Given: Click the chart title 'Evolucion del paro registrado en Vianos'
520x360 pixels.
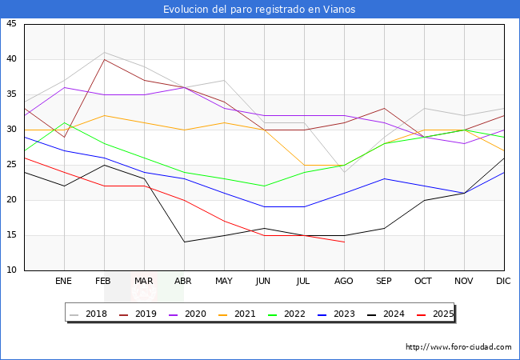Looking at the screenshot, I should [x=259, y=10].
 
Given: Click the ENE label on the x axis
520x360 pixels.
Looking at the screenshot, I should [x=64, y=282].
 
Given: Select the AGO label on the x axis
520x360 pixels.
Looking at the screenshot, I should [x=344, y=282].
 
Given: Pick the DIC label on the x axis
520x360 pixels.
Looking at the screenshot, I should [x=503, y=282].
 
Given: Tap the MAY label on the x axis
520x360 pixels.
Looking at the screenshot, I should [x=224, y=282].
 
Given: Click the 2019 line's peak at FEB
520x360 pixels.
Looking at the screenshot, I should [x=104, y=59].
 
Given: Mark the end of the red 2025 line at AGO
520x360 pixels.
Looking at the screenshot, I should [x=344, y=242].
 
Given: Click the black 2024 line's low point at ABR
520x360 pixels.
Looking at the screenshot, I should [x=184, y=242].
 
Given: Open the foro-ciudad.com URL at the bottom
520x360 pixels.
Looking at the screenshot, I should [x=458, y=347].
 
